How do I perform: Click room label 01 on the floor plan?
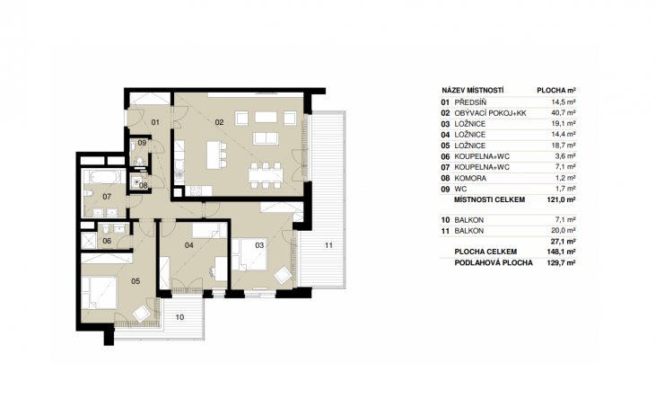(155, 122)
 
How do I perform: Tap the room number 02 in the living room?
(219, 122)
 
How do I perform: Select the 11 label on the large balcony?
(328, 245)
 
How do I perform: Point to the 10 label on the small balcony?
(179, 317)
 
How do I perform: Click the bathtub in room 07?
(104, 177)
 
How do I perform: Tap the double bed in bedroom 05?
(100, 292)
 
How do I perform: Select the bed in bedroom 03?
(249, 255)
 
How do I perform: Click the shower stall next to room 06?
(89, 241)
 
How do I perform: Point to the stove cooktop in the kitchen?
(196, 191)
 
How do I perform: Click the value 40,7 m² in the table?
(564, 113)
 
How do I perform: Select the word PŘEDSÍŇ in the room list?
(470, 102)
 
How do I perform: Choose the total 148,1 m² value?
(562, 252)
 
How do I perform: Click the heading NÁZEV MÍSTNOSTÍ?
(473, 91)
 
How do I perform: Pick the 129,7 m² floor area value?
(562, 262)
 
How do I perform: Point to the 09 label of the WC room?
(142, 143)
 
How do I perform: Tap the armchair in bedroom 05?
(141, 313)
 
